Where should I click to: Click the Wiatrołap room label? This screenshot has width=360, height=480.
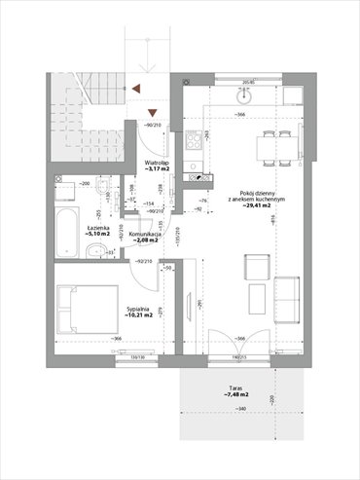pos(159,166)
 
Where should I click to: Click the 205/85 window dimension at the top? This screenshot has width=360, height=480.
pos(248,82)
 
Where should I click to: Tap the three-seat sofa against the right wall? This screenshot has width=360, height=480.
pos(288,299)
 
